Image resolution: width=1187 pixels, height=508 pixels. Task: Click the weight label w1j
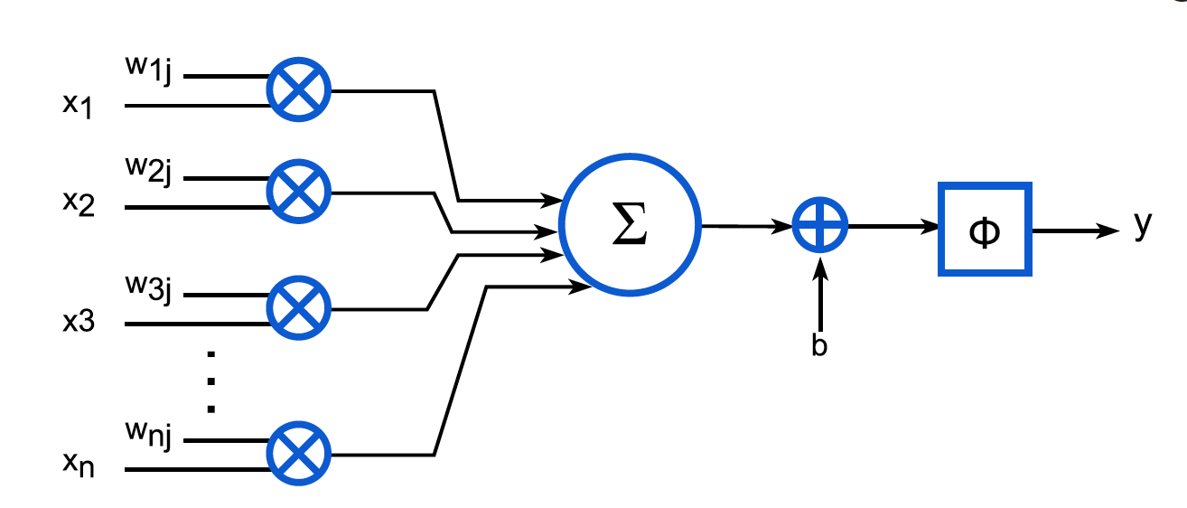(x=148, y=71)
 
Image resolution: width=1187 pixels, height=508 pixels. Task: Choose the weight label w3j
(x=148, y=291)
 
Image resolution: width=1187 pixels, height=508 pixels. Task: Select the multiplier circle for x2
(x=299, y=193)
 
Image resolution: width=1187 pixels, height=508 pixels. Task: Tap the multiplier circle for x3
(x=299, y=310)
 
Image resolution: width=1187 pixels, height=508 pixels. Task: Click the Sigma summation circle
(x=629, y=227)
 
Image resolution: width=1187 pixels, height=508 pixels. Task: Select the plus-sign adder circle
(x=820, y=227)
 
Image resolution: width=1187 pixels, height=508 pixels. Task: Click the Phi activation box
(x=983, y=230)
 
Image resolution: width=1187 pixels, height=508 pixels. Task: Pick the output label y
(x=1143, y=226)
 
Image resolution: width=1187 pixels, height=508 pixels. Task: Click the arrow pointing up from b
(x=820, y=294)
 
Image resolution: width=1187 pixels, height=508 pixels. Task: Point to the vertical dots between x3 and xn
(x=211, y=381)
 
